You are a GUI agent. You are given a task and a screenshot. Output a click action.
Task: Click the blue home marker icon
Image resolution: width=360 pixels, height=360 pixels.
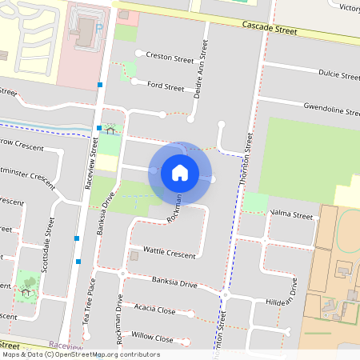(180, 172)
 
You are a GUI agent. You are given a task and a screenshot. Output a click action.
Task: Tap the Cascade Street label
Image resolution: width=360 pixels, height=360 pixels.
(270, 31)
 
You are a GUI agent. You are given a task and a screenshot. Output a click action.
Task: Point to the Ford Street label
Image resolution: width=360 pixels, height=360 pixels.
(166, 86)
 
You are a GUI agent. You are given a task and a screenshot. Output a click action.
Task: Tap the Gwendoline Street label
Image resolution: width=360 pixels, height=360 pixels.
(331, 107)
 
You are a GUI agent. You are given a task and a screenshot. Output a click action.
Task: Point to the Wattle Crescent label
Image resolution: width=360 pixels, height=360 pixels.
(169, 254)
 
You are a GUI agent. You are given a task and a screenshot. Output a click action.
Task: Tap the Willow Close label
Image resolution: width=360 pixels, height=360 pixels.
(152, 338)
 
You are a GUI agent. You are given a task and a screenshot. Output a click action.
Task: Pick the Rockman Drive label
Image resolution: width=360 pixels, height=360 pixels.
(119, 323)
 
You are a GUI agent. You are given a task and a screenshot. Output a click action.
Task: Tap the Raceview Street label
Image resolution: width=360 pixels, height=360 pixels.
(94, 157)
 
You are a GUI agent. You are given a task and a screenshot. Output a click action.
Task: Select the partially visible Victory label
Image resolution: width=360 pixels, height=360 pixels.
(350, 8)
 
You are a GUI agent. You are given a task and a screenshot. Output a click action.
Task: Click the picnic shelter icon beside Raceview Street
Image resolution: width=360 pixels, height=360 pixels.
(110, 129)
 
